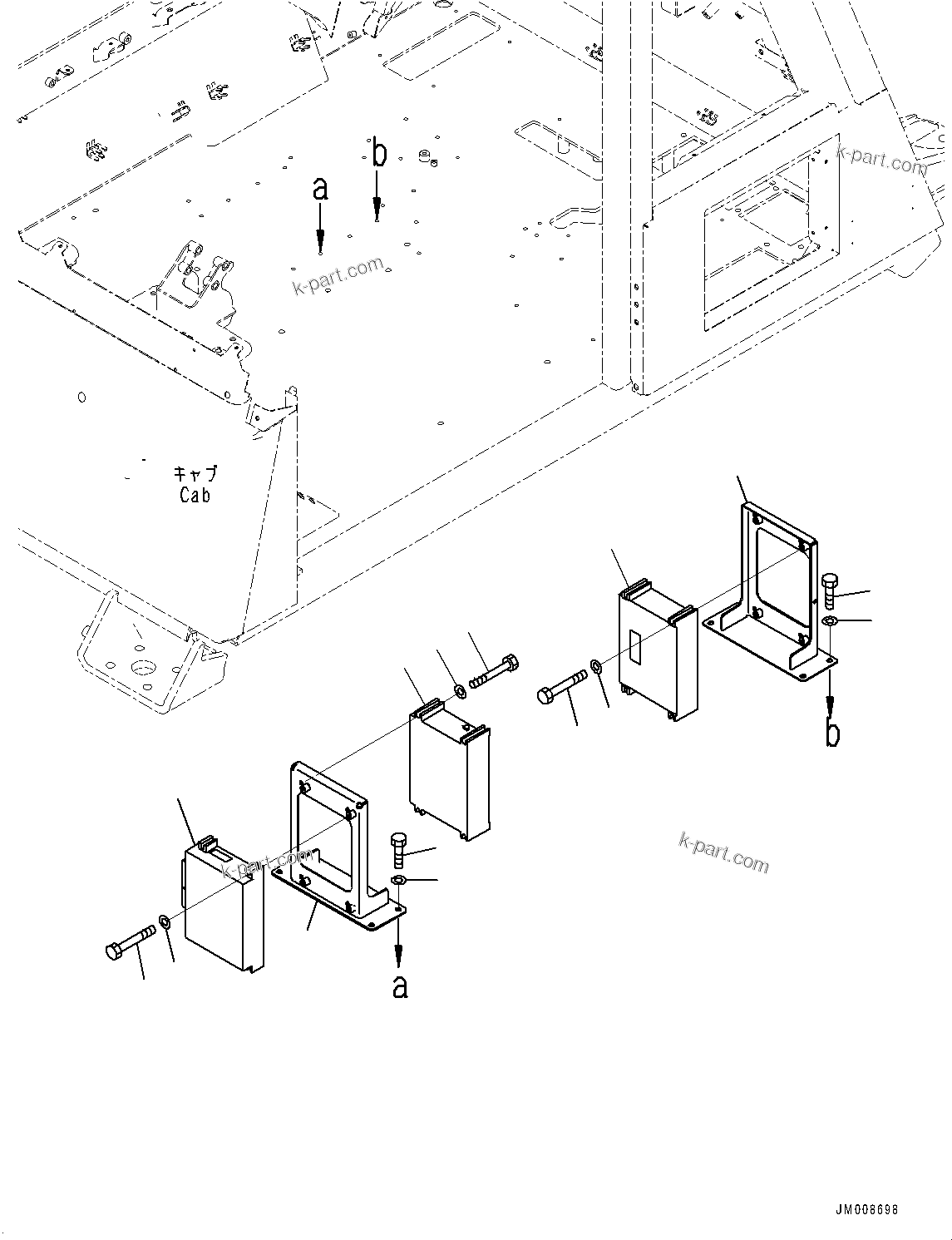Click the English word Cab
195,495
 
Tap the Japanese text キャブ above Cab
195,474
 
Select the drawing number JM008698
866,1210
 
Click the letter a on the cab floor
320,190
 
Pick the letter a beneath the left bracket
400,986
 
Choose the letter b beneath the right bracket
832,734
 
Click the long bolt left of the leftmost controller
131,943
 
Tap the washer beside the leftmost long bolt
165,921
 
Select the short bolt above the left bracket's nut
398,851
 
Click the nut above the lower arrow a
398,881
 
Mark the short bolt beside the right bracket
829,591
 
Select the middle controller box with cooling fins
449,769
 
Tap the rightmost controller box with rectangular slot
657,653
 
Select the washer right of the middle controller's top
460,690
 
